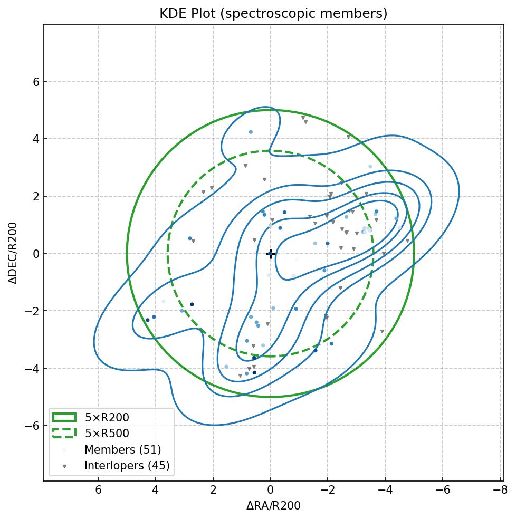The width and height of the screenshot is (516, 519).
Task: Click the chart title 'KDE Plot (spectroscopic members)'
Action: point(273,14)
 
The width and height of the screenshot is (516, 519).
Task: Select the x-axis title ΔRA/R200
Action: point(273,506)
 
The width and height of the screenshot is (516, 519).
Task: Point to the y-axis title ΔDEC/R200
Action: point(13,253)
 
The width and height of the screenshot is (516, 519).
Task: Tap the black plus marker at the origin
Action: point(271,254)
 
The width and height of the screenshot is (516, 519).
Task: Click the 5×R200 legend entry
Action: point(107,418)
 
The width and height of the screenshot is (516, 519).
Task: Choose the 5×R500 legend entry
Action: point(107,434)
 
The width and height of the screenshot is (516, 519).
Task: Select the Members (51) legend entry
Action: point(122,450)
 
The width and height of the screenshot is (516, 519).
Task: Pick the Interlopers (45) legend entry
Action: point(127,466)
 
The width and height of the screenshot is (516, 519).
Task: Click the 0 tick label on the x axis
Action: point(271,490)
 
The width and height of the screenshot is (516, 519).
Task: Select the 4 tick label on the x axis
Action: point(156,490)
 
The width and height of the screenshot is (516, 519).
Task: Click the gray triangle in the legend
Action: point(64,466)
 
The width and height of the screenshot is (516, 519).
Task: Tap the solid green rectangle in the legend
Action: point(64,418)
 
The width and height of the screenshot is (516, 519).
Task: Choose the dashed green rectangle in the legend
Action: point(64,434)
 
